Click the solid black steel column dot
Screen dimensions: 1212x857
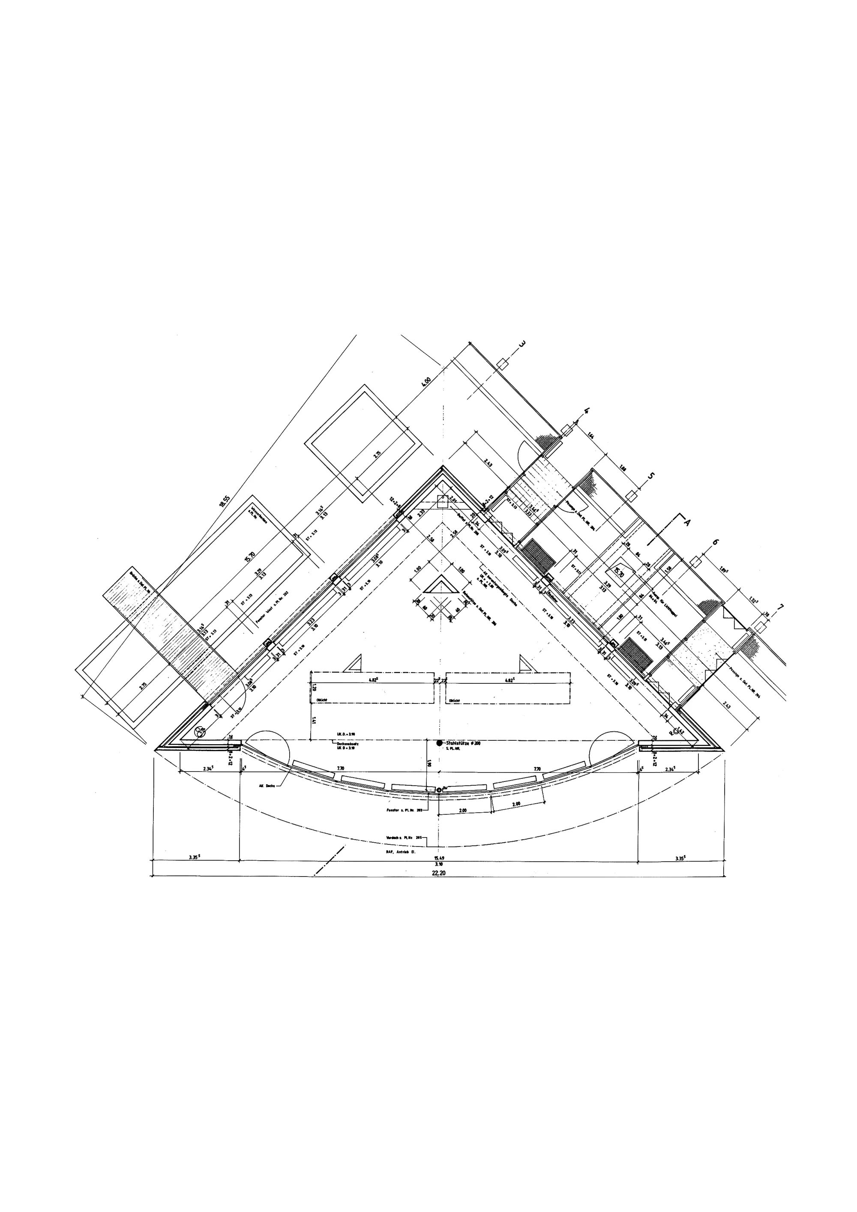439,743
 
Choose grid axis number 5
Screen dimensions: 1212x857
651,476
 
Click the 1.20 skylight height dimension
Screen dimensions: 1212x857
314,687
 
